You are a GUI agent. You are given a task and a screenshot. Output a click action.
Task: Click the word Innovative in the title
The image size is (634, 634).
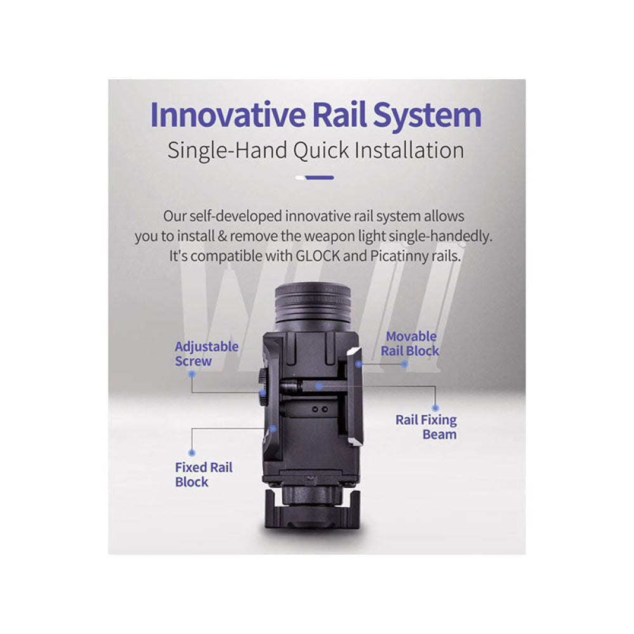228,115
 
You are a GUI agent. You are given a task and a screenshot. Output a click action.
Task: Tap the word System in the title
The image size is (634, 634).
427,116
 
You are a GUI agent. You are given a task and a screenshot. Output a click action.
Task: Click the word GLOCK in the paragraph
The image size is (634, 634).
318,256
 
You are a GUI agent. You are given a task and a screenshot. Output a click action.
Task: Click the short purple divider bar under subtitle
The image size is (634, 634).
319,178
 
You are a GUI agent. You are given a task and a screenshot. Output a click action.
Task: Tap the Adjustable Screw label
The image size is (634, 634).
207,354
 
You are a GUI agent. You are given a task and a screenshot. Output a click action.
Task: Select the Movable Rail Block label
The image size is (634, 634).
410,344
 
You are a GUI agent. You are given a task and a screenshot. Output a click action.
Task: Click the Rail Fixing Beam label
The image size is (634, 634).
426,427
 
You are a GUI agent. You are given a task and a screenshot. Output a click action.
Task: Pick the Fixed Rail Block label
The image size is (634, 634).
204,475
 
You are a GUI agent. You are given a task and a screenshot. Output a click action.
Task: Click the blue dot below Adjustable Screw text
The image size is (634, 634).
192,374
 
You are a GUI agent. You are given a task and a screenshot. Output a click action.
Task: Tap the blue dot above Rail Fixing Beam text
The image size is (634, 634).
435,408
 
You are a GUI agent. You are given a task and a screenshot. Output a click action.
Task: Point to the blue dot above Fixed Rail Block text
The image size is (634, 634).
192,453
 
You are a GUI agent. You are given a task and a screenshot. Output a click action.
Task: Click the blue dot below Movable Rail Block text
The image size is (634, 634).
404,365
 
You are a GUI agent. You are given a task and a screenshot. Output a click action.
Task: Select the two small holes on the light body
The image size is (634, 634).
320,410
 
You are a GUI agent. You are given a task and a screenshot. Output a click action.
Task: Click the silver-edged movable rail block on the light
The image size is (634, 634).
354,397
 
